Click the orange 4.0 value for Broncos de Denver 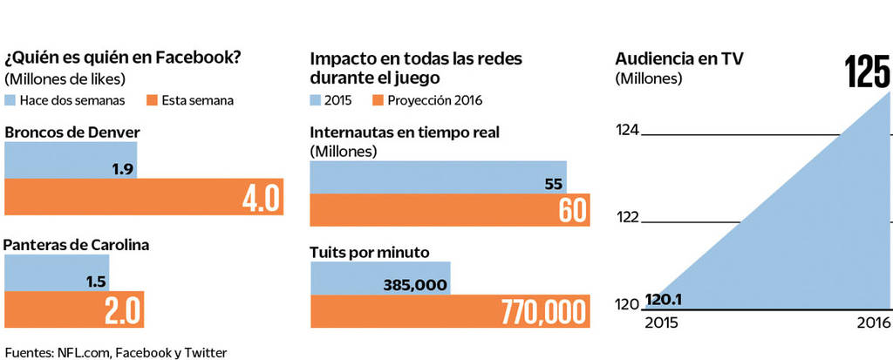coord(262,198)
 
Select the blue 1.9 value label coord(122,169)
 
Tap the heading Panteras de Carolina coord(77,245)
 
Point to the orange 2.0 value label coord(121,310)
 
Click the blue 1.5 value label coord(97,282)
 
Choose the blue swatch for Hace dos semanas coord(10,100)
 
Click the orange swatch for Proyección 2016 coord(378,100)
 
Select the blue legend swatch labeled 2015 coord(316,100)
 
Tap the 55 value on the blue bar coord(554,184)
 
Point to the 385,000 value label coord(415,285)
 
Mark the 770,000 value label coord(542,313)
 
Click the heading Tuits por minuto coord(370,253)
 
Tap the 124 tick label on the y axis coord(627,131)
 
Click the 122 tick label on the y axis coord(627,217)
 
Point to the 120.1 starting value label coord(664,301)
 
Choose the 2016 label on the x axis coord(873,323)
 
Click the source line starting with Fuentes coord(115,352)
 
